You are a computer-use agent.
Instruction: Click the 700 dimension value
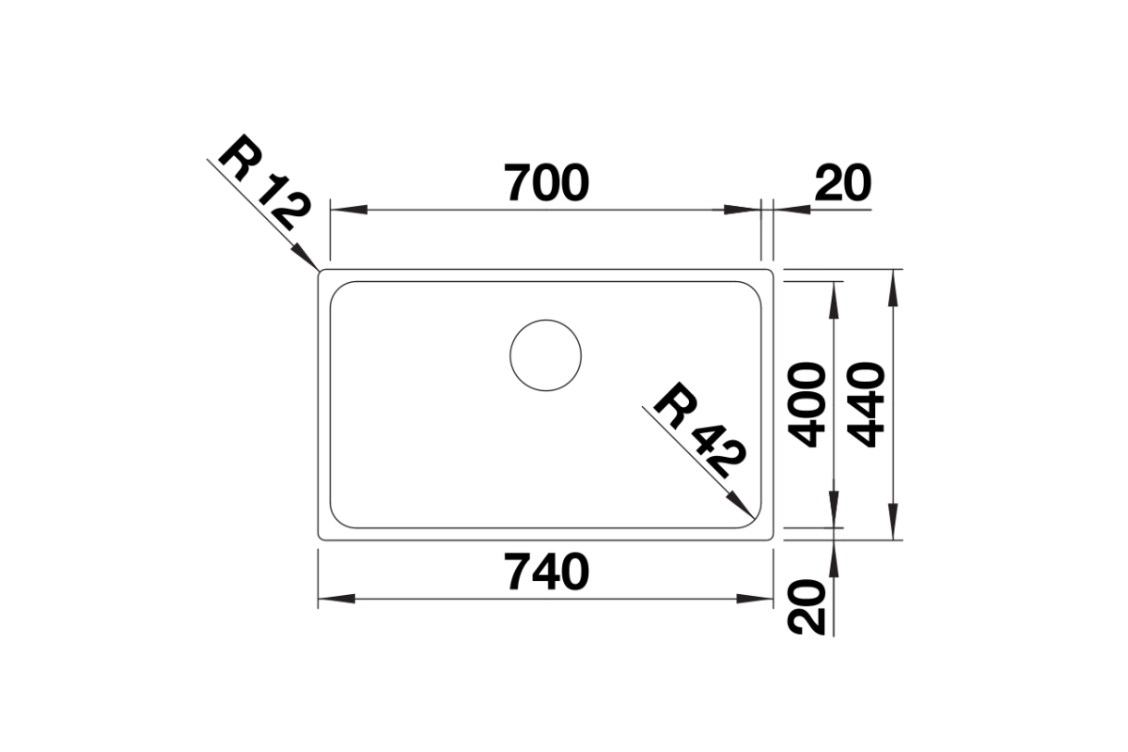point(546,182)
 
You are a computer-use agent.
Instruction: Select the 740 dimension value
point(546,572)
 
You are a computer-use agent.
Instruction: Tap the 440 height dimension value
point(866,405)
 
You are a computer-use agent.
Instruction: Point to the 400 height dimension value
point(807,405)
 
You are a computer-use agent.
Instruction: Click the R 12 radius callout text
point(263,183)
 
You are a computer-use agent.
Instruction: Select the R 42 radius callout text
point(699,431)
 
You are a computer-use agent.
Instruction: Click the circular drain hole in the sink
point(545,355)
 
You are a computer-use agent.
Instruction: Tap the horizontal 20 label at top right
point(842,182)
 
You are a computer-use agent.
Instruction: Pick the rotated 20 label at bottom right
point(807,607)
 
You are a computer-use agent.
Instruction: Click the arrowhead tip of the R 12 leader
point(319,270)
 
